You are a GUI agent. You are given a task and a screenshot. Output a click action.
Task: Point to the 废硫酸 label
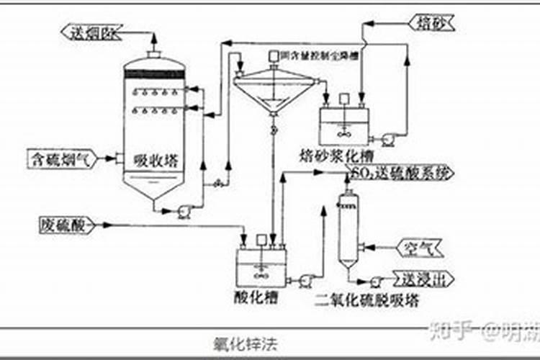pos(63,225)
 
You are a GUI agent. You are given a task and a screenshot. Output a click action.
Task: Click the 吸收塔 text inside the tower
pos(154,161)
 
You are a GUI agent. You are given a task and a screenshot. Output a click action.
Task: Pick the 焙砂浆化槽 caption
pos(336,155)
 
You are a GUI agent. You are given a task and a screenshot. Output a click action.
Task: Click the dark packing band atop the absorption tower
pos(154,71)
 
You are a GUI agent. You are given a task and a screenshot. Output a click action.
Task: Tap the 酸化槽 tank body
pos(261,266)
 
